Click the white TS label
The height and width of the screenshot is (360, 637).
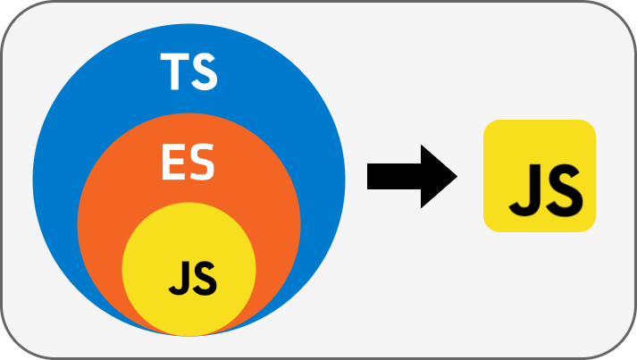pyautogui.click(x=189, y=72)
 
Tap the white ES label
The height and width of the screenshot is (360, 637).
pyautogui.click(x=188, y=163)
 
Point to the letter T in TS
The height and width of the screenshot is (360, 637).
pyautogui.click(x=174, y=72)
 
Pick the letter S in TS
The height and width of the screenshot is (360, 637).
pyautogui.click(x=204, y=72)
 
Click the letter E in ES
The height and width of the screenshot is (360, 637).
pyautogui.click(x=173, y=163)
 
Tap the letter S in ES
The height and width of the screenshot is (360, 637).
pyautogui.click(x=203, y=163)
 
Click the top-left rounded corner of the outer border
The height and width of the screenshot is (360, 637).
pyautogui.click(x=11, y=11)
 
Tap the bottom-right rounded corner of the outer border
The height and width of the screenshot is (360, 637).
pyautogui.click(x=626, y=349)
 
